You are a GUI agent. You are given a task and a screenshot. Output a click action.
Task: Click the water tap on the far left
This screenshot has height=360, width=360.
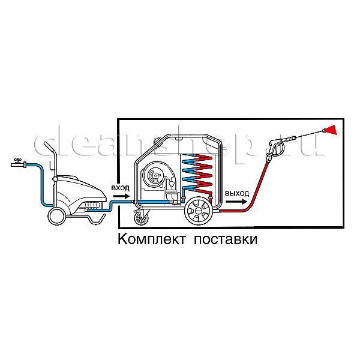pyautogui.click(x=19, y=163)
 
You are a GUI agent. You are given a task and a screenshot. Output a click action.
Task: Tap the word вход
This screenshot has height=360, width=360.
pyautogui.click(x=121, y=188)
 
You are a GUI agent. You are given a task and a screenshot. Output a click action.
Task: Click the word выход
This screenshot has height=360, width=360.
pyautogui.click(x=237, y=193)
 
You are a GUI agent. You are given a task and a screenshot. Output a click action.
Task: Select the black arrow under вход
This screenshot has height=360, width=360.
pyautogui.click(x=121, y=196)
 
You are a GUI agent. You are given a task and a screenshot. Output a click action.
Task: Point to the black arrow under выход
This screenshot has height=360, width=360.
pyautogui.click(x=236, y=202)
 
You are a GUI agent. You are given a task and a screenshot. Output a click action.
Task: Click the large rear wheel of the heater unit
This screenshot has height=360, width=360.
pyautogui.click(x=199, y=211)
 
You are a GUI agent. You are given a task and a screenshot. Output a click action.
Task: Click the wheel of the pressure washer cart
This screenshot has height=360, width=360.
pyautogui.click(x=56, y=217)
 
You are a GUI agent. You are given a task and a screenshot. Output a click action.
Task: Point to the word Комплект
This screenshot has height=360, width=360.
pyautogui.click(x=151, y=239)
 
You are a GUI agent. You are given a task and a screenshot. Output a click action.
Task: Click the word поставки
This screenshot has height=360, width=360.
pyautogui.click(x=226, y=239)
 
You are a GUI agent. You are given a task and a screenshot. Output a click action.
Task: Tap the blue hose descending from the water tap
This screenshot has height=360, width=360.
pyautogui.click(x=41, y=184)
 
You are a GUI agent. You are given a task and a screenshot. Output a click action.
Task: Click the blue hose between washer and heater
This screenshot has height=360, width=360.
pyautogui.click(x=110, y=205)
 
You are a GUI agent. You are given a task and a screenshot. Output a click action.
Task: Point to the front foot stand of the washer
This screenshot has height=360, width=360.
pyautogui.click(x=96, y=219)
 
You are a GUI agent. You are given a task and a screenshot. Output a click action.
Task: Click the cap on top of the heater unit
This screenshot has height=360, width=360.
pyautogui.click(x=158, y=139)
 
